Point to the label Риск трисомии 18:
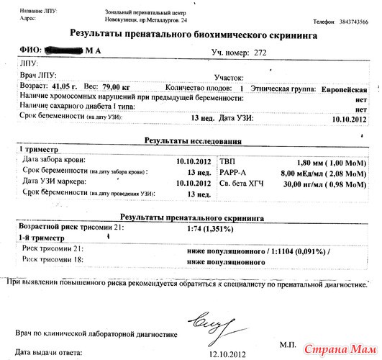tap(55, 259)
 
